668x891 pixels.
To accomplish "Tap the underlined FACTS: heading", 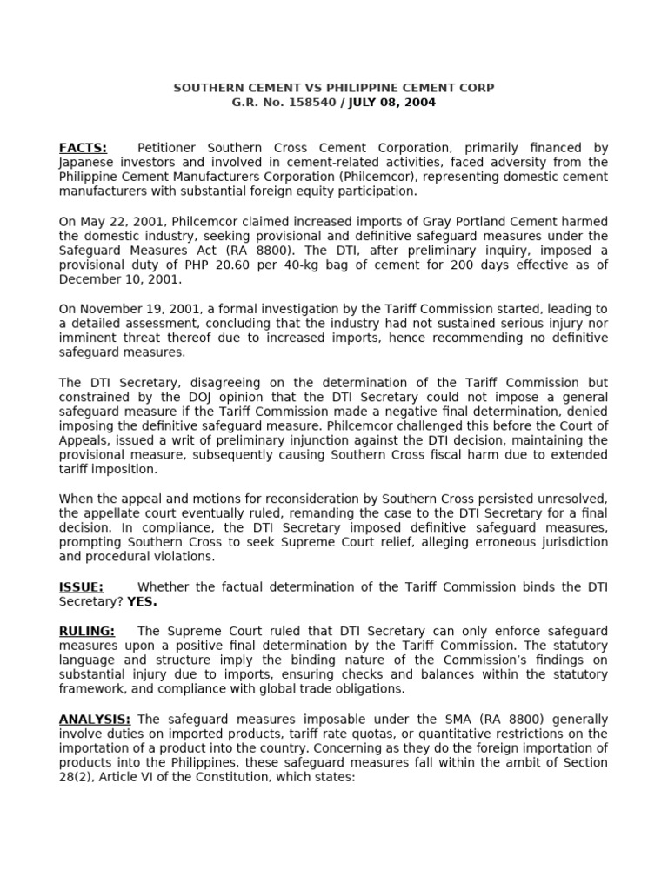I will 83,148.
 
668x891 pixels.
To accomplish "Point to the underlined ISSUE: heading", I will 81,587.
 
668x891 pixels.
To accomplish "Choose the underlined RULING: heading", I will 86,631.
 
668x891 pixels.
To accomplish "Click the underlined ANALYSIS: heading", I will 95,720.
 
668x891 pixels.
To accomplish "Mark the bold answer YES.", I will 143,601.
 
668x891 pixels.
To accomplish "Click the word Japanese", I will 86,162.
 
